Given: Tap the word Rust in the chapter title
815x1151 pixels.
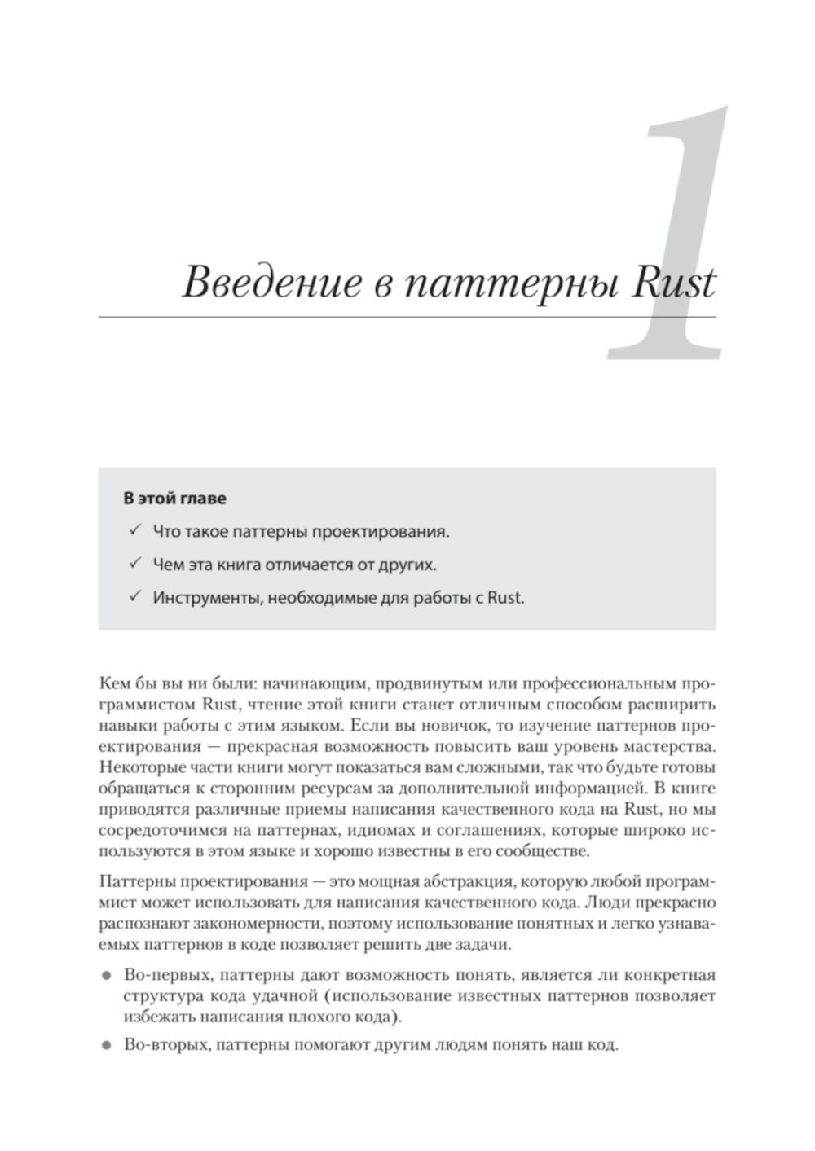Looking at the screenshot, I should [674, 283].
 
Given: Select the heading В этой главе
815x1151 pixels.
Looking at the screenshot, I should [174, 498].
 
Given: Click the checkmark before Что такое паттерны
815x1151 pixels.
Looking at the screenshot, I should [134, 531].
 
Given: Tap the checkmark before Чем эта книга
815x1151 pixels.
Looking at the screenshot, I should [134, 564].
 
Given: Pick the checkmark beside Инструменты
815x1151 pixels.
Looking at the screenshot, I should [134, 596].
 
